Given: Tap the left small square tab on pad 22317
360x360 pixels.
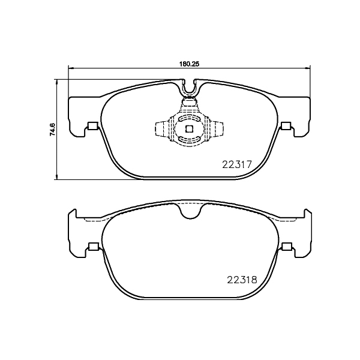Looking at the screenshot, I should (92, 126).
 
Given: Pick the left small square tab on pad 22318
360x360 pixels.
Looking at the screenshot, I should (92, 247).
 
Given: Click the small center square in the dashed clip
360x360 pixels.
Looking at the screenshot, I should (189, 128).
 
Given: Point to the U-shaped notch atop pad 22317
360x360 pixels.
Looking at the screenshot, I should (190, 89).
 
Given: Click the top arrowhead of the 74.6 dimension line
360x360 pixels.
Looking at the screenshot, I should (57, 80).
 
